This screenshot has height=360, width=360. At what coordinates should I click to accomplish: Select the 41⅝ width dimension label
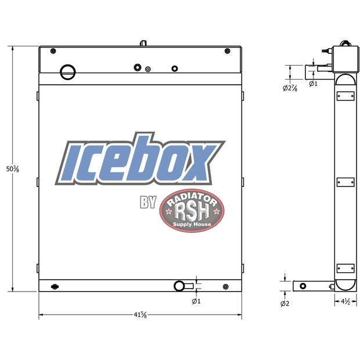click(x=139, y=315)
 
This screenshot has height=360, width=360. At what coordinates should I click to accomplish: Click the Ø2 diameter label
click(x=285, y=304)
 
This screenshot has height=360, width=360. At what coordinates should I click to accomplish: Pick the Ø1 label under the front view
click(x=196, y=301)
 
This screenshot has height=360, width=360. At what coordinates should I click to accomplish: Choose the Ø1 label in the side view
click(x=313, y=84)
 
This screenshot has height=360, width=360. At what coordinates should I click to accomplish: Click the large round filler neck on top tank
click(x=68, y=72)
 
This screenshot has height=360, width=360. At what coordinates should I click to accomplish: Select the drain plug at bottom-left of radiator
click(x=55, y=286)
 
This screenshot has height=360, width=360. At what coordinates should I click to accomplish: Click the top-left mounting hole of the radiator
click(x=53, y=51)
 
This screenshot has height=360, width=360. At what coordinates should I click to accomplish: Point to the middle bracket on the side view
click(x=345, y=181)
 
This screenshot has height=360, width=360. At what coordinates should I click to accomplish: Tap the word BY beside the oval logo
click(x=147, y=203)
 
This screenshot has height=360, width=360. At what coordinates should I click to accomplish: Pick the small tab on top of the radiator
click(x=143, y=43)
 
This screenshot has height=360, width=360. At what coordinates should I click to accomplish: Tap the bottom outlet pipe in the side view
click(x=311, y=286)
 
